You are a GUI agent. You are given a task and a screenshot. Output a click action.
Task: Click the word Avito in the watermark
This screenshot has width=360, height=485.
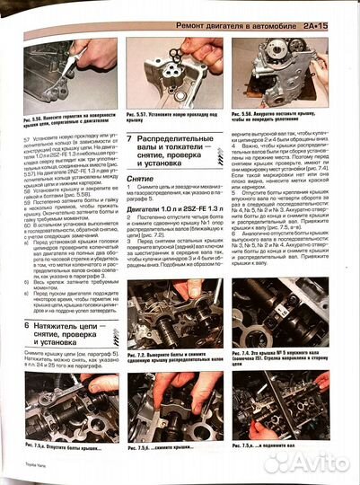coord(320,462)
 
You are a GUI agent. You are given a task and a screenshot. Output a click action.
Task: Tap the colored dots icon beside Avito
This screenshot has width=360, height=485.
coord(277,462)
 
